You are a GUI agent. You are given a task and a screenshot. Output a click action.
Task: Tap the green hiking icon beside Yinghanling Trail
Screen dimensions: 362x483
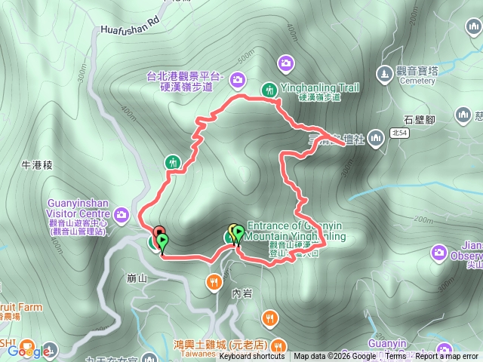[268, 89]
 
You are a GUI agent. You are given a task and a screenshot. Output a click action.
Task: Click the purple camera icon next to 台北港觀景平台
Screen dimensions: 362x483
[237, 78]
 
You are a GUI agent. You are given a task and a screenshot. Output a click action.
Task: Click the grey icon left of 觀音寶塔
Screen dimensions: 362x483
[387, 72]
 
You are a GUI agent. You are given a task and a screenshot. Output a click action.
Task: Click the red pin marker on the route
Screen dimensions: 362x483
[158, 232]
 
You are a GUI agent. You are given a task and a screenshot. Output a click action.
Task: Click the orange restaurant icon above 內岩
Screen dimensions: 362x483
[214, 282]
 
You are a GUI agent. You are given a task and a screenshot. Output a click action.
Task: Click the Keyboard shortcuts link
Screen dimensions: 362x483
[252, 357]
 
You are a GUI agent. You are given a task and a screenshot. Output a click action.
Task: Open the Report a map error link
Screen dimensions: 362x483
[448, 357]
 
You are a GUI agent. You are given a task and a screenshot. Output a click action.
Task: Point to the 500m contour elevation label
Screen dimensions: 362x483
[245, 57]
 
